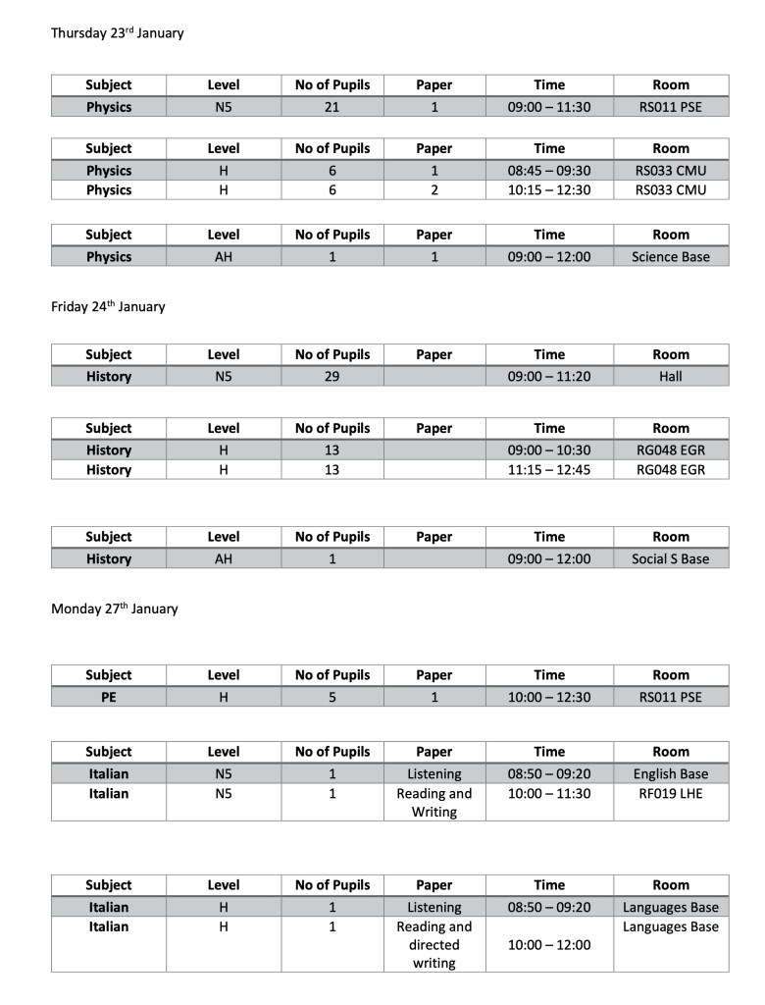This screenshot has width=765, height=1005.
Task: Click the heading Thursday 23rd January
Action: coord(118,33)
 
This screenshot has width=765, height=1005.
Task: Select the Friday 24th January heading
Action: coord(108,306)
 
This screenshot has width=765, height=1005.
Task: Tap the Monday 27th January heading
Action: coord(115,608)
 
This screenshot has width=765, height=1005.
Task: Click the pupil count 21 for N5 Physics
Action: coord(332,107)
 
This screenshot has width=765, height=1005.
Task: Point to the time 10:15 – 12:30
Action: coord(549,190)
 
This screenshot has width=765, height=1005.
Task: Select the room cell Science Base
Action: coord(671,257)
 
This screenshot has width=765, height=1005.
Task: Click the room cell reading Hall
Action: coord(671,376)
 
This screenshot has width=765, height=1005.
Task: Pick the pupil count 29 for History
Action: coord(332,376)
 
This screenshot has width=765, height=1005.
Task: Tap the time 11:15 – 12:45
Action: coord(549,470)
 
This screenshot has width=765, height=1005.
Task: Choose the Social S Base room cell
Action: coord(671,559)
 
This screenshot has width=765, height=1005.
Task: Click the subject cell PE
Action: coord(108,698)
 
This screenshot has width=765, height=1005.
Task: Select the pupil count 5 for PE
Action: coord(332,698)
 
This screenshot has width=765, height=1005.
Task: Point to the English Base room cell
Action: coord(671,773)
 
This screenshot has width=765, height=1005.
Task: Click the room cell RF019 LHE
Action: coord(671,793)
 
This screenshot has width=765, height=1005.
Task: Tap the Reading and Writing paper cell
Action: coord(433,803)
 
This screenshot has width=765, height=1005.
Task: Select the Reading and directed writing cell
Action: coord(433,945)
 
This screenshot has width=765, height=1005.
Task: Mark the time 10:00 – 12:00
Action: coord(549,945)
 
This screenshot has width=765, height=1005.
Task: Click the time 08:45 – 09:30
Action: coord(549,171)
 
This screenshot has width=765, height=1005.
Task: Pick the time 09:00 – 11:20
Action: coord(549,376)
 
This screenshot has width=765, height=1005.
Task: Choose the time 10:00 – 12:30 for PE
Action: coord(549,698)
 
